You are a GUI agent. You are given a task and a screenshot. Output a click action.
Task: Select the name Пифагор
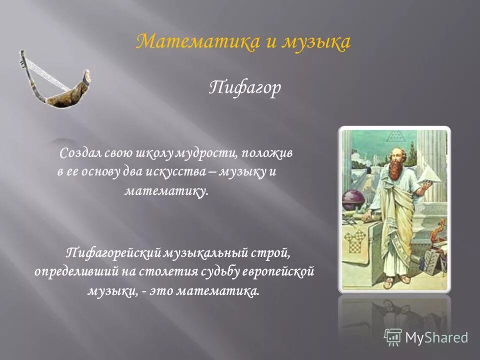(x=244, y=88)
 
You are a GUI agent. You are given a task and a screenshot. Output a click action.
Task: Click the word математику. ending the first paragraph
(x=165, y=190)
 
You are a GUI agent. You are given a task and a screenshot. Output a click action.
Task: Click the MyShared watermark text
(x=436, y=337)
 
